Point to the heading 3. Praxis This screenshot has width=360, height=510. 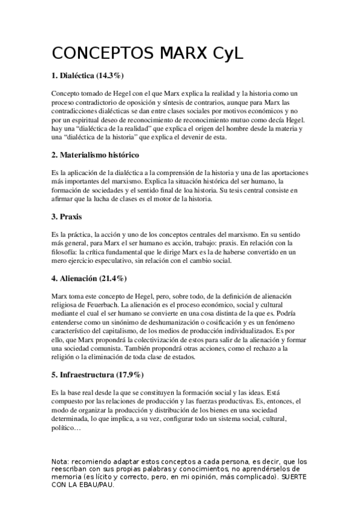(67, 215)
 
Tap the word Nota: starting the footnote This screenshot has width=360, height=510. (62, 461)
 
